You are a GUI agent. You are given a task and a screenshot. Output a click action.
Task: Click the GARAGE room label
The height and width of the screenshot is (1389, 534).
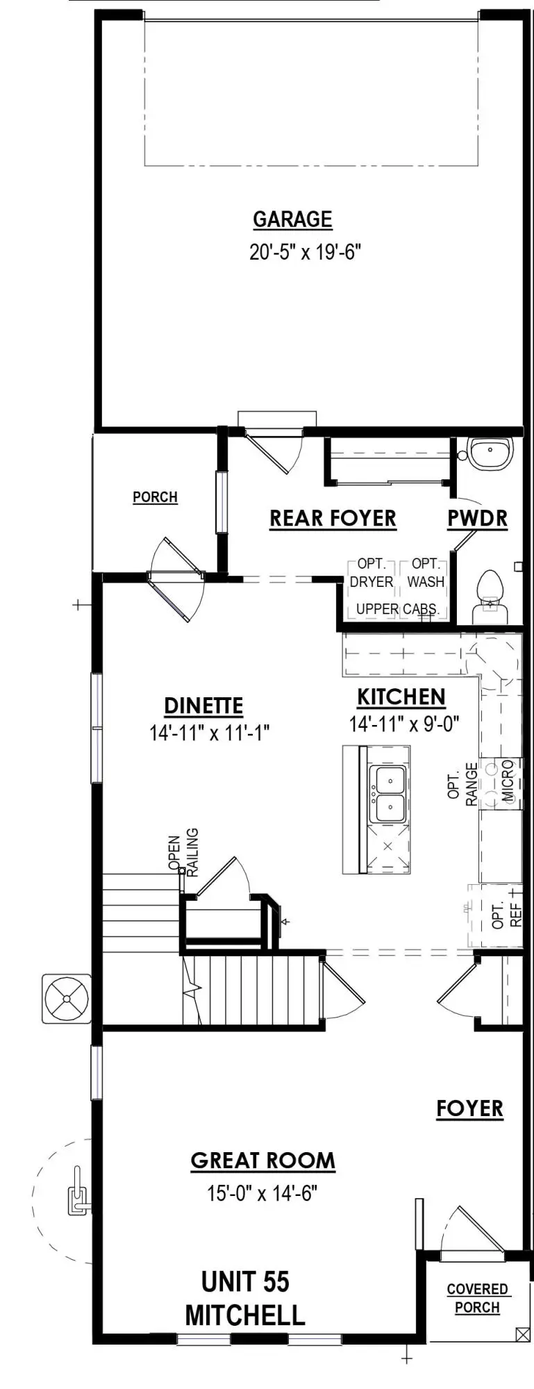(292, 219)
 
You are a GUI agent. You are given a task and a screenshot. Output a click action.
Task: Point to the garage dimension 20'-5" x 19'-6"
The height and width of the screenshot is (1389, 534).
(306, 251)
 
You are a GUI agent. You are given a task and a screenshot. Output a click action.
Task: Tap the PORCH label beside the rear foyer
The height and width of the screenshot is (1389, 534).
(155, 497)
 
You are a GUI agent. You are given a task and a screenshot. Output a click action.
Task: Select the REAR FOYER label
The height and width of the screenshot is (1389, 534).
(333, 518)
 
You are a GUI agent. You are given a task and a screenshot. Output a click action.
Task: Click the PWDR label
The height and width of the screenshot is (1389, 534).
(477, 518)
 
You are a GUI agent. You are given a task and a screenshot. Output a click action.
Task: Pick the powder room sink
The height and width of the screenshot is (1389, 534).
(490, 453)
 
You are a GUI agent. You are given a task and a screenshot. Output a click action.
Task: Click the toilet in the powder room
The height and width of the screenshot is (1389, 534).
(490, 596)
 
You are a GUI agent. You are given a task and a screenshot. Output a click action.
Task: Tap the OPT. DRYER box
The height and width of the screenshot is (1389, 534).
(372, 573)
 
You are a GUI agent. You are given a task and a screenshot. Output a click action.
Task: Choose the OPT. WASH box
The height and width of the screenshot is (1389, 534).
(426, 573)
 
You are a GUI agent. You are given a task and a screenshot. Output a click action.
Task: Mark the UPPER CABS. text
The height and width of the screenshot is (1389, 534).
(397, 609)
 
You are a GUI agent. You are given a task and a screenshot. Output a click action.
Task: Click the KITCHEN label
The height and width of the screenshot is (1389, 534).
(401, 697)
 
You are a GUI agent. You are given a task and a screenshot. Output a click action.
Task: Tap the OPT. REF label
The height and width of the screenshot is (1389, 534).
(506, 916)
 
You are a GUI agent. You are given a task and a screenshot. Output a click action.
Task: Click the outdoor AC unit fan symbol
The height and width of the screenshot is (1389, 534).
(67, 999)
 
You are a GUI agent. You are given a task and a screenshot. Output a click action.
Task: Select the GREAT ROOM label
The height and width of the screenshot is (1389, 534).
(262, 1161)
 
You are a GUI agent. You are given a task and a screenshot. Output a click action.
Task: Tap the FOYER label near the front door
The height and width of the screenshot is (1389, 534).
(469, 1108)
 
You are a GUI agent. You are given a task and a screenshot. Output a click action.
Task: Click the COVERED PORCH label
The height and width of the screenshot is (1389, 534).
(477, 1298)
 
